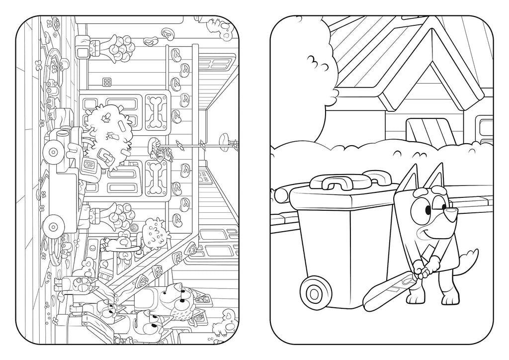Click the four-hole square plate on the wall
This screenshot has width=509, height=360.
click(x=107, y=82)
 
